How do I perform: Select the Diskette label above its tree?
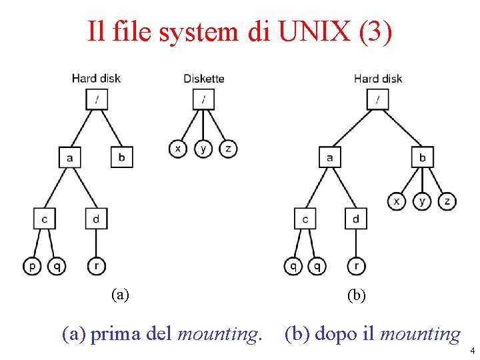click(203, 79)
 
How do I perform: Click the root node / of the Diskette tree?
click(203, 100)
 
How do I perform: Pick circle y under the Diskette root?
click(203, 148)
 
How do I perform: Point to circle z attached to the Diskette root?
click(228, 148)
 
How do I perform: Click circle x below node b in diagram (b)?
click(397, 201)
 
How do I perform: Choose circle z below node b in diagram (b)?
click(447, 201)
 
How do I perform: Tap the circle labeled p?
click(32, 266)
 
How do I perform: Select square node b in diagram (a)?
click(121, 157)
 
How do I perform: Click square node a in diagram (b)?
click(330, 158)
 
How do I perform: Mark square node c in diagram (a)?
click(44, 218)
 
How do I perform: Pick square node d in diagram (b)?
click(356, 219)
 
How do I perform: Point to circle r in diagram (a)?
click(97, 266)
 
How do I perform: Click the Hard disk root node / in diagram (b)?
click(378, 100)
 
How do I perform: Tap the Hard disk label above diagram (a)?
click(96, 79)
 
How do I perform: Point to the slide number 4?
click(471, 350)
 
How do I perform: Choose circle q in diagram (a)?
click(57, 266)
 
